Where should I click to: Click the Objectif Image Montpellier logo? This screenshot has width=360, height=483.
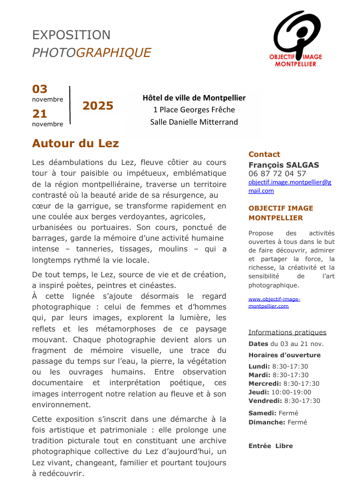click(x=298, y=39)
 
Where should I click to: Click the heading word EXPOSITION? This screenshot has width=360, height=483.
click(x=71, y=35)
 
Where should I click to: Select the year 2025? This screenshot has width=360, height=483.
click(x=98, y=105)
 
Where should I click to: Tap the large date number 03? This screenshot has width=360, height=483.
click(x=40, y=89)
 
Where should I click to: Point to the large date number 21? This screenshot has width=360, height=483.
click(x=40, y=113)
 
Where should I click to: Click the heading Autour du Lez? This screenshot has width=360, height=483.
click(x=75, y=143)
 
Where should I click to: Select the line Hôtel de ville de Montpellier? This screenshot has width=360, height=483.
click(x=194, y=98)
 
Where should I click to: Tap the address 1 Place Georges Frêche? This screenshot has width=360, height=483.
click(x=194, y=110)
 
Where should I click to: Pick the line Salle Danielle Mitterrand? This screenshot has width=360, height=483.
click(x=194, y=122)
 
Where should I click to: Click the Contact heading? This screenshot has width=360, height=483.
click(x=264, y=154)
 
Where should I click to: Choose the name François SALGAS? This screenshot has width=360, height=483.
click(x=284, y=164)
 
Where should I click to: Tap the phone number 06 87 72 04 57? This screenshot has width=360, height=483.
click(x=277, y=174)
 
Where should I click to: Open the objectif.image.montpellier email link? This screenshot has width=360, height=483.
click(x=290, y=186)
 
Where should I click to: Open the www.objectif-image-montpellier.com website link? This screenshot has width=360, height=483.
click(x=274, y=302)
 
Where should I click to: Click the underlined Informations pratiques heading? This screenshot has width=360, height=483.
click(x=287, y=332)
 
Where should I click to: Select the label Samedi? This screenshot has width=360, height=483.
click(x=263, y=413)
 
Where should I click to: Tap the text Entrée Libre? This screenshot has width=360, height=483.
click(x=271, y=446)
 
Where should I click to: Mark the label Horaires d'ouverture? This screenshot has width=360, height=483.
click(x=284, y=355)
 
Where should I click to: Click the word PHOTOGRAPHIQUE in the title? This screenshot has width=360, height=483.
click(x=91, y=53)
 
